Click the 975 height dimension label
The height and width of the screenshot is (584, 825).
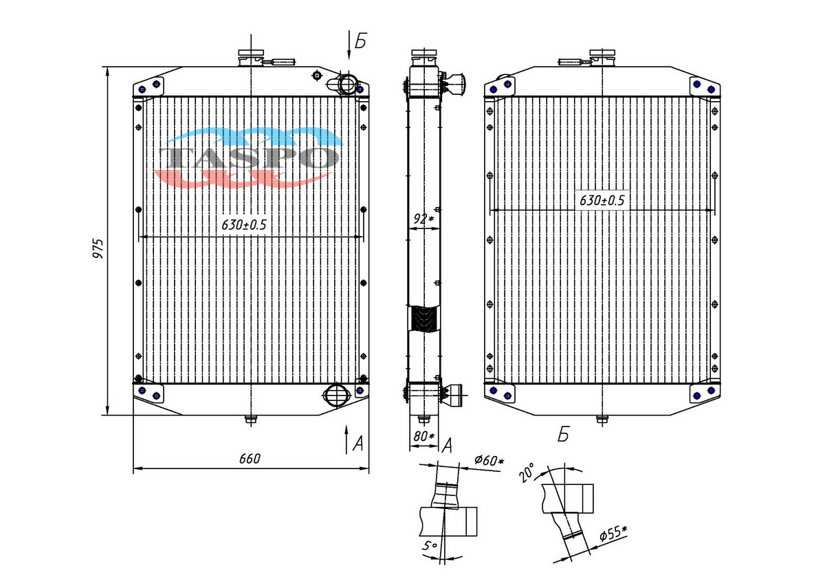pyautogui.click(x=98, y=248)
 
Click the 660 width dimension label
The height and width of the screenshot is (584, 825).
pyautogui.click(x=250, y=459)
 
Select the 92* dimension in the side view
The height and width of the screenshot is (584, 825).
pyautogui.click(x=424, y=219)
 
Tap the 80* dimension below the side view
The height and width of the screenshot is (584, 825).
pyautogui.click(x=424, y=436)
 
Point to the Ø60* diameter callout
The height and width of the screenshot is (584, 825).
pyautogui.click(x=489, y=460)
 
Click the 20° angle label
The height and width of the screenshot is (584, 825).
pyautogui.click(x=527, y=473)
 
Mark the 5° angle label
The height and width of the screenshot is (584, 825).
pyautogui.click(x=430, y=545)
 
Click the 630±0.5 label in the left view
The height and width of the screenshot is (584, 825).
pyautogui.click(x=243, y=225)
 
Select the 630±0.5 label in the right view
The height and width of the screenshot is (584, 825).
pyautogui.click(x=602, y=200)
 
